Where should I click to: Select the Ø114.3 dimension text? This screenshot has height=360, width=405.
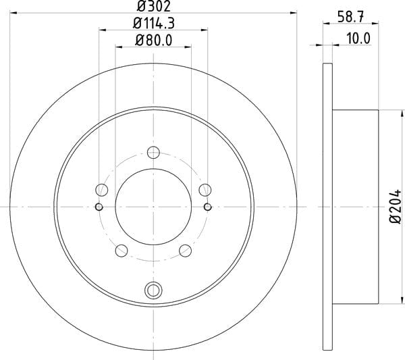[x=153, y=23]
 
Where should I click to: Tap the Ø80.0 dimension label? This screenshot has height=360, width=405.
[x=153, y=41]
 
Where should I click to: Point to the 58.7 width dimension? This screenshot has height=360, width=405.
[x=351, y=17]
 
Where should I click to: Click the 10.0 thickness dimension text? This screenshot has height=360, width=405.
[x=358, y=38]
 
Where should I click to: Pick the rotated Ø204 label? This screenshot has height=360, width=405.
[x=395, y=207]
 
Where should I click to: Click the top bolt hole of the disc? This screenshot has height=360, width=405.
[x=153, y=153]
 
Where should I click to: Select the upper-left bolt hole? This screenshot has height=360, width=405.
[x=102, y=190]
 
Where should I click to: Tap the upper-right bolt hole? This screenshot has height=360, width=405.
[x=205, y=190]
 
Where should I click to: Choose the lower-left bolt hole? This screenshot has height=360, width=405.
[x=122, y=251]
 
